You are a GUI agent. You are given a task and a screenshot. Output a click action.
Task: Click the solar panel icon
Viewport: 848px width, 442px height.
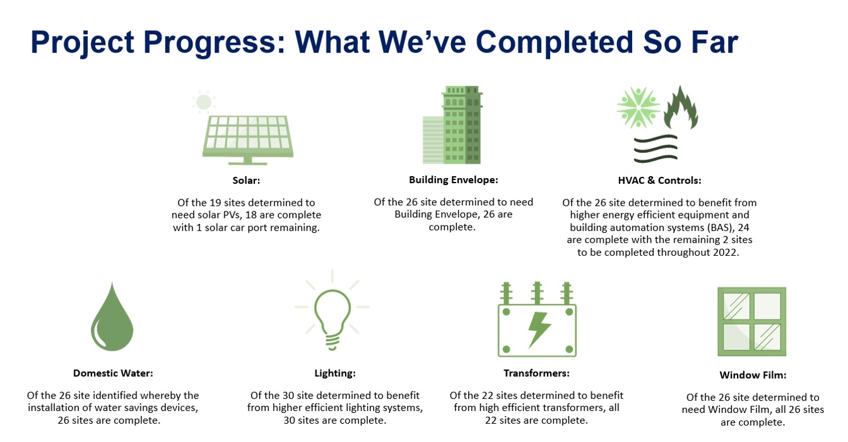coord(248,140)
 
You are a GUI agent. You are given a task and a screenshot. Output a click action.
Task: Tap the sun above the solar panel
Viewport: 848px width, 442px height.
coord(204,102)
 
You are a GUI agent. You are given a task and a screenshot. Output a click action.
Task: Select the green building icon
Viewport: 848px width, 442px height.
coord(452,125)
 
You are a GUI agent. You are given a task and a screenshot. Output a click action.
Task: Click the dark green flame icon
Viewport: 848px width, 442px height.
coord(681,108)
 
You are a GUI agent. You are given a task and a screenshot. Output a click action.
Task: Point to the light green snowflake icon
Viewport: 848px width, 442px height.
coord(639,107)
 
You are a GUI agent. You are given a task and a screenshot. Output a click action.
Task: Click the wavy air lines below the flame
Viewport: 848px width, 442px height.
coord(656,149)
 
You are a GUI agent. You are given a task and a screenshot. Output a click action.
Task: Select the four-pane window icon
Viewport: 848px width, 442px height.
coord(752,321)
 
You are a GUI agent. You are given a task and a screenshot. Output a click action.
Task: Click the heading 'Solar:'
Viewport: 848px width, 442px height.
coord(247,181)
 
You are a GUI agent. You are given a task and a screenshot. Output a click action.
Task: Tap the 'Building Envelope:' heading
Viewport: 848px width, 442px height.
coord(454,180)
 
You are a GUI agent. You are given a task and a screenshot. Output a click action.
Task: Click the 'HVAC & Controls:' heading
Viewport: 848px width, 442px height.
coord(659,181)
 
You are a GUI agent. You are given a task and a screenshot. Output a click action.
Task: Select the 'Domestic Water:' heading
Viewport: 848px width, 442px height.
coord(113,373)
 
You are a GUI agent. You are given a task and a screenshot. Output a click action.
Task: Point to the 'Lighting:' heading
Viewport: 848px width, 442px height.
coord(335,373)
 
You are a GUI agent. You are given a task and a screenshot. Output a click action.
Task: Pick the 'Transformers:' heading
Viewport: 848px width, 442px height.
coord(536,373)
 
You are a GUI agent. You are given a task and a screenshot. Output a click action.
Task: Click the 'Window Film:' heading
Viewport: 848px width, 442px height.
coord(753,375)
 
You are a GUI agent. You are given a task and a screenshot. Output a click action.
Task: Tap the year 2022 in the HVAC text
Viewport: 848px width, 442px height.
coord(725,253)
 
